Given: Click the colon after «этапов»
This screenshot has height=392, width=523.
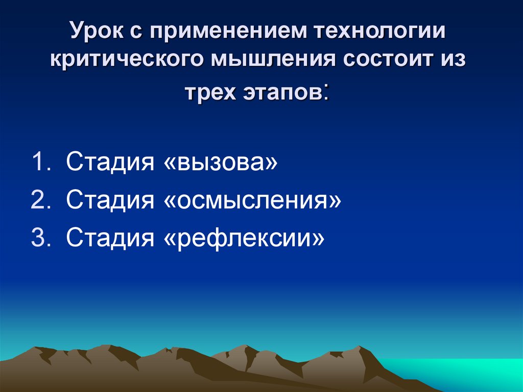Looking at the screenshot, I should point(325,93).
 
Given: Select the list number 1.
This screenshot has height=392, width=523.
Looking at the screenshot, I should point(41,163).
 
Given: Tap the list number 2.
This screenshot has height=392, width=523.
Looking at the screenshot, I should point(41,200).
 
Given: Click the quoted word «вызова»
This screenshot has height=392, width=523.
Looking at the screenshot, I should point(222,163).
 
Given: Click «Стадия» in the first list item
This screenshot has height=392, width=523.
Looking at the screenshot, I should point(110,163).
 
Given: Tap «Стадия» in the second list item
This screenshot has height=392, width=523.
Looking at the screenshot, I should point(110,200).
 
